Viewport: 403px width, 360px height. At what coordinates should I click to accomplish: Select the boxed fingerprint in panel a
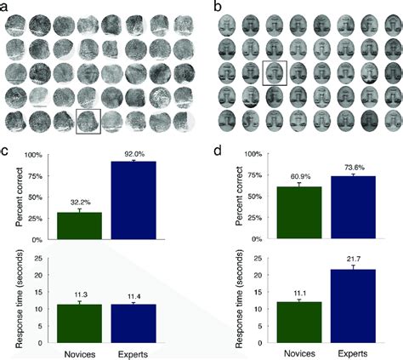[89, 122]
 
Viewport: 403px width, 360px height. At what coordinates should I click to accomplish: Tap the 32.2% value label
[79, 204]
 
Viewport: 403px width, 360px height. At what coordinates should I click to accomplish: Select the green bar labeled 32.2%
[79, 226]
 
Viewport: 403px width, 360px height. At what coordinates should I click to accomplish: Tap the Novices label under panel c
[79, 350]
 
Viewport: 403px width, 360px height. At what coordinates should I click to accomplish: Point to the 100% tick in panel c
[37, 155]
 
